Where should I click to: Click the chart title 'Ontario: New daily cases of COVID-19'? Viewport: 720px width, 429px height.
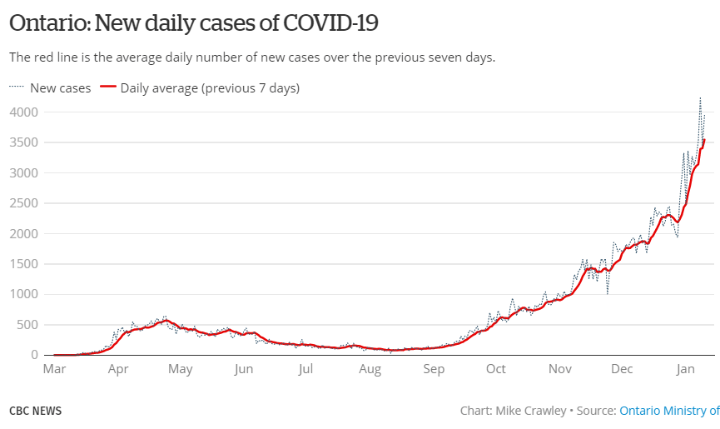193,23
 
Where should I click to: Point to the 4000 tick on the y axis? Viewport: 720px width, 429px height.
24,112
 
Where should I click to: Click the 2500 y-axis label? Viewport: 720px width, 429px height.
24,203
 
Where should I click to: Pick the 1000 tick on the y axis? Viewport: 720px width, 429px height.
24,294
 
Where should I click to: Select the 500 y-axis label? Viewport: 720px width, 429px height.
27,325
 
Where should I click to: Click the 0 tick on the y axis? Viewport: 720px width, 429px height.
35,355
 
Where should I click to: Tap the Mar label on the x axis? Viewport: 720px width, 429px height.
55,369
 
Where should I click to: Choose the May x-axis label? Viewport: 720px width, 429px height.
181,369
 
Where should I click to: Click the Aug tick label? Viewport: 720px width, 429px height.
370,369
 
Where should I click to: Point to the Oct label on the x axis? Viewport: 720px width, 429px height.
496,369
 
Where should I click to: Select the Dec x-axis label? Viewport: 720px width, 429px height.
622,369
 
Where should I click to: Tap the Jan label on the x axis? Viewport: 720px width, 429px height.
685,369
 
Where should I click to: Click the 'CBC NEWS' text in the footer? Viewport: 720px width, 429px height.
35,411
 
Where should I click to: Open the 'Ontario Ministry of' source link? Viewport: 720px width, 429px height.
669,411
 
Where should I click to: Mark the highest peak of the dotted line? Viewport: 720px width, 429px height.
700,98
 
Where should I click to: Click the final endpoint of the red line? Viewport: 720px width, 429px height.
704,140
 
